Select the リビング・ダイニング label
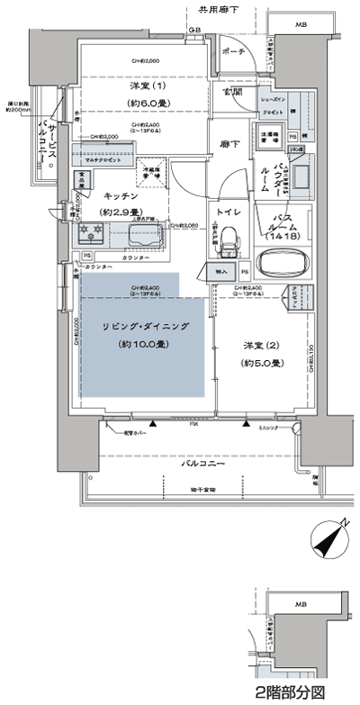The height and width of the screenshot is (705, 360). point(145,327)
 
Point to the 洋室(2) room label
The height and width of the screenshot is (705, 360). point(262,345)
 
